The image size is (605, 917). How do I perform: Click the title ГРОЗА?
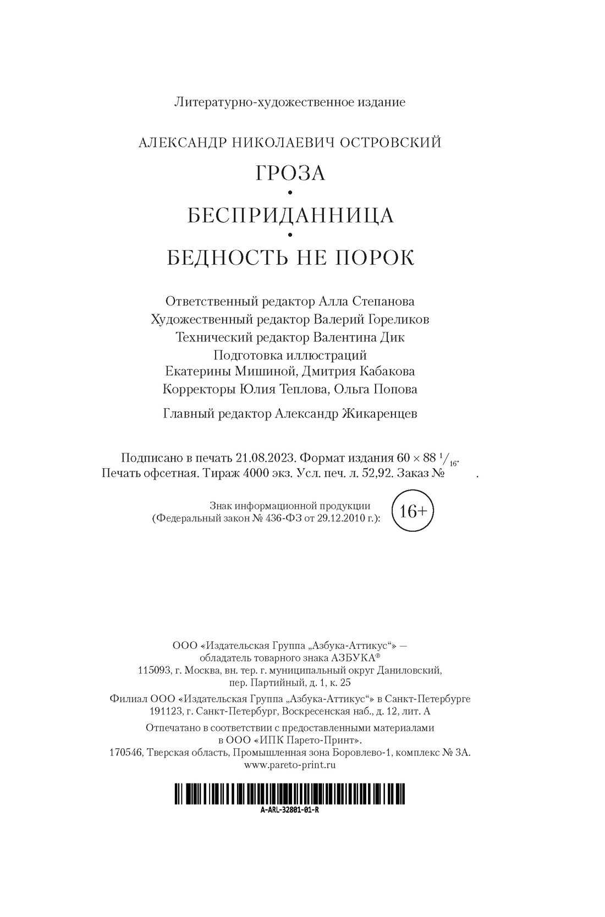290,173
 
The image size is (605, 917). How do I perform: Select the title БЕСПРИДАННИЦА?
290,215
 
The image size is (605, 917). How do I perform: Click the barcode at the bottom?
290,795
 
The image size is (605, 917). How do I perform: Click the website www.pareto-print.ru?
290,764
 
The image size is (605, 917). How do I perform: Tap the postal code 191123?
164,712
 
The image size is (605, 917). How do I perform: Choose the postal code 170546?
126,752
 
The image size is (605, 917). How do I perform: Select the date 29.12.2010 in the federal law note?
343,518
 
